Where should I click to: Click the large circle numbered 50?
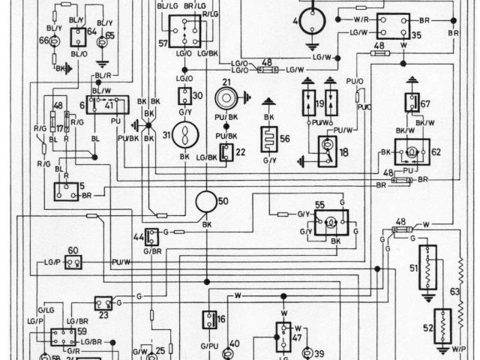point(206,202)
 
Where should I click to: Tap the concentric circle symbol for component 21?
point(225,98)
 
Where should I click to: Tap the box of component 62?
point(412,151)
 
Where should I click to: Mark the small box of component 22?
point(226,152)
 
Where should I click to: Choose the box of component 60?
point(73,262)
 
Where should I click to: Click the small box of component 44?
point(152,237)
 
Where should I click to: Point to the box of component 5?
point(66,191)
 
